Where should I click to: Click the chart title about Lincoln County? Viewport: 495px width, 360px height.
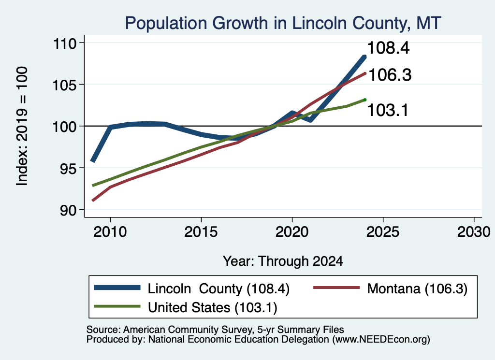coord(283,23)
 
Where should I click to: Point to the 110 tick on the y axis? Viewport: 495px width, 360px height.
coord(65,43)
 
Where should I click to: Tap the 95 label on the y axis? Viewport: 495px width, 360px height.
coord(68,168)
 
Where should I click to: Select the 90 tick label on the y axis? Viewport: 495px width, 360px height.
coord(68,210)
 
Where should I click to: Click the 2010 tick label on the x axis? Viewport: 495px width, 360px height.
coord(110,232)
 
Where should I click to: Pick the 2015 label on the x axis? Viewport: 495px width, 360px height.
coord(201,232)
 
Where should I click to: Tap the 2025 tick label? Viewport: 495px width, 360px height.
coord(383,232)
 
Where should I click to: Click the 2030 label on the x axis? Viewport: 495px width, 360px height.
coord(474,232)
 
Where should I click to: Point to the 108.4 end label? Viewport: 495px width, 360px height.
coord(388,48)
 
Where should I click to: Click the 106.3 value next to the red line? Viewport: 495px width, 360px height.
coord(390,75)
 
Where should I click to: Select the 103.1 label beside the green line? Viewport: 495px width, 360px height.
coord(388,110)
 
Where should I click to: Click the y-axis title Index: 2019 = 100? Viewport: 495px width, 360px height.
coord(22,126)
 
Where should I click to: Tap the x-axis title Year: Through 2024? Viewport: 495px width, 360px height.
coord(283,261)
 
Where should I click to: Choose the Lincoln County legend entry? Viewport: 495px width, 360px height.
coord(192,288)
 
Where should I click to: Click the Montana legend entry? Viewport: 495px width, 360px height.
coord(390,288)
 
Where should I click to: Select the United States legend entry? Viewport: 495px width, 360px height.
coord(186,307)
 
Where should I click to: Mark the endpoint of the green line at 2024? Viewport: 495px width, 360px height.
coord(365,100)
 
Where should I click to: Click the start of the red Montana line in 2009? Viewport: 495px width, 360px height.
coord(93,201)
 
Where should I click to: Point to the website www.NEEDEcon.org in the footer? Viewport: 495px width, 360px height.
coord(381,340)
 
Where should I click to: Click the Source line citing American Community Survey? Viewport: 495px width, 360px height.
coord(215,330)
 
